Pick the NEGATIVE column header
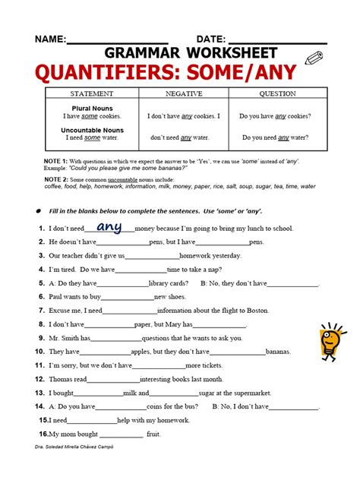pos(185,93)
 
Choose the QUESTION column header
pos(277,93)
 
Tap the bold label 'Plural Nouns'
pos(92,108)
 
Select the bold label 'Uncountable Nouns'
pos(92,130)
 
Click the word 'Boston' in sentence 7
pos(257,311)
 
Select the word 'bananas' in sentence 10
pos(279,352)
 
